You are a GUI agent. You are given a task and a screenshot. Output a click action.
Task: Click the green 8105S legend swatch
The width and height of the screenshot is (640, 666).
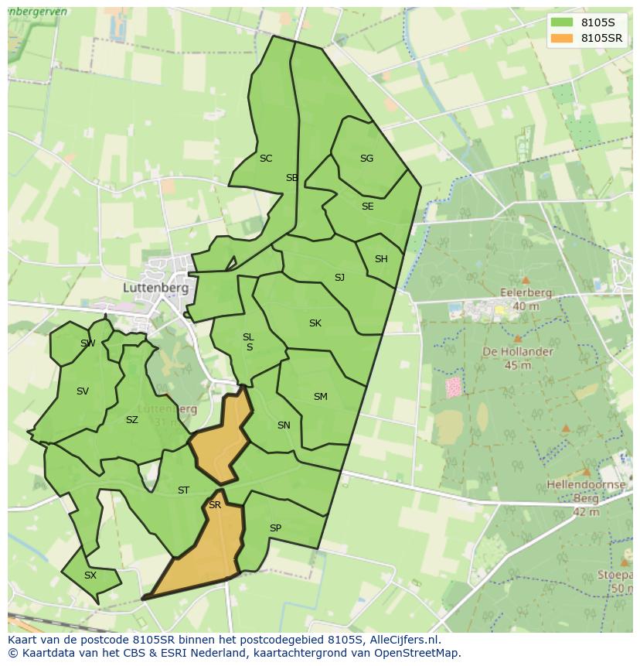point(562,22)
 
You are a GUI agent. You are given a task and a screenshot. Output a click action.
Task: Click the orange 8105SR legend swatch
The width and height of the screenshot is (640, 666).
point(562,38)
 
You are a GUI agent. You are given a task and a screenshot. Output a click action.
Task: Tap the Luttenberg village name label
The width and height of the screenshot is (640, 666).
point(155,287)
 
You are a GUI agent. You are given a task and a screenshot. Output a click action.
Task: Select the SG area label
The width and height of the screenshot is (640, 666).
point(366,159)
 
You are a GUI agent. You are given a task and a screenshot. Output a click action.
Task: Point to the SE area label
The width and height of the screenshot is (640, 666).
point(367,207)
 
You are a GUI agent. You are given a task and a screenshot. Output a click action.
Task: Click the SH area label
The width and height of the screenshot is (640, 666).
point(381,259)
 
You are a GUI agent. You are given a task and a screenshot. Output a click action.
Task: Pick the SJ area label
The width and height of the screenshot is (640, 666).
point(339,278)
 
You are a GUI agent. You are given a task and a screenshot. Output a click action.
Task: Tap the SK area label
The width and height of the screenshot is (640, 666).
point(315,323)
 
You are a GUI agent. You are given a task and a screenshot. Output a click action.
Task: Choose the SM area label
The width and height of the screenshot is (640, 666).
point(320,397)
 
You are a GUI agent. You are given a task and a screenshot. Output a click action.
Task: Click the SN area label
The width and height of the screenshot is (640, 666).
point(284,425)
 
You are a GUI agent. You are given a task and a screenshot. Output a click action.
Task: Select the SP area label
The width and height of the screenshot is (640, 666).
point(275,528)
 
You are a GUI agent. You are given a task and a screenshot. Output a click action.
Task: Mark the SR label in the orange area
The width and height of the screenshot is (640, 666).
point(215,505)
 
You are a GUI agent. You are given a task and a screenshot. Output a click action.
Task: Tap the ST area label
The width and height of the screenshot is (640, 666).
point(183,490)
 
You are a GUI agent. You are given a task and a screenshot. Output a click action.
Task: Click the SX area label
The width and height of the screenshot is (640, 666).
point(90,575)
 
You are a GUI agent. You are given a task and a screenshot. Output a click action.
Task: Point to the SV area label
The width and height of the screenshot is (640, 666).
point(83,391)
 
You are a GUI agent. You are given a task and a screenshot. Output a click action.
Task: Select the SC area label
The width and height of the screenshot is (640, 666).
point(266,159)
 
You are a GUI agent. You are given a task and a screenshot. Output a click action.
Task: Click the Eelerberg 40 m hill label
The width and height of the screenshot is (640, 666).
point(526,299)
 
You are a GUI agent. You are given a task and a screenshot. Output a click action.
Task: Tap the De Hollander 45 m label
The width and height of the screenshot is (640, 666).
point(518,358)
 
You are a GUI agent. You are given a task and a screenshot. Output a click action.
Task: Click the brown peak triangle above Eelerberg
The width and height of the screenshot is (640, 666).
point(526,280)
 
